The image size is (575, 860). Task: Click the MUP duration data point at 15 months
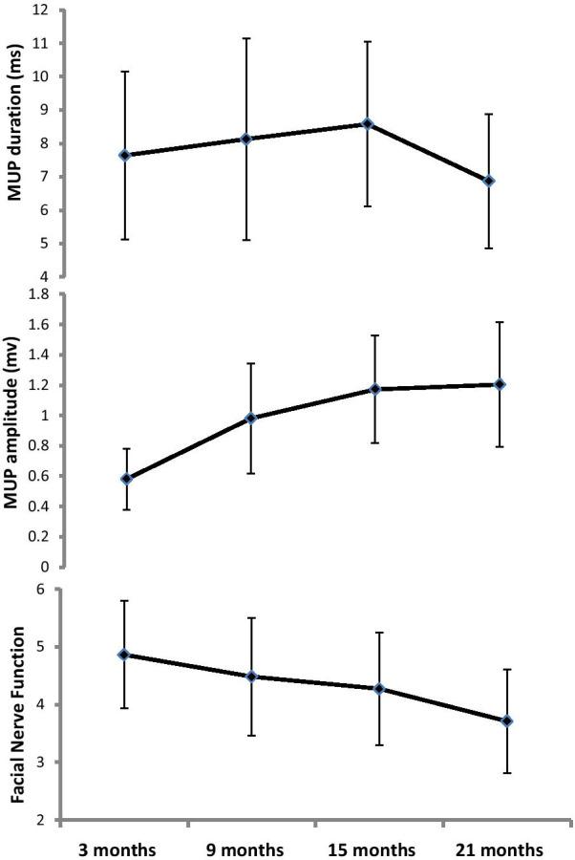point(368,123)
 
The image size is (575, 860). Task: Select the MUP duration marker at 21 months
point(489,181)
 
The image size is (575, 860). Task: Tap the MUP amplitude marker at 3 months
point(126,478)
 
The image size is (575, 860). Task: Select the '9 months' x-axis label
point(246,849)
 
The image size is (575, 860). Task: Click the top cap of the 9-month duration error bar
point(246,38)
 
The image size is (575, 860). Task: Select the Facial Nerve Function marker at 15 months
point(379,688)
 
